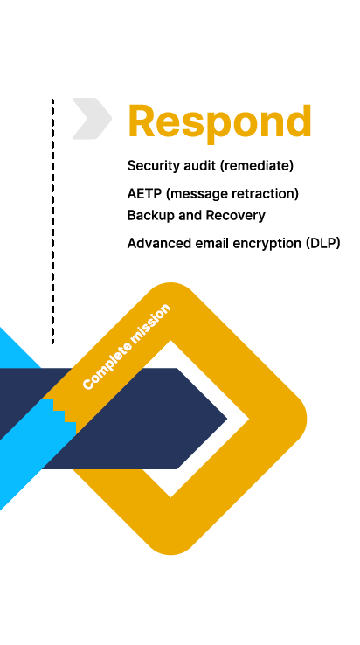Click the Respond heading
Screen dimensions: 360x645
tap(219, 122)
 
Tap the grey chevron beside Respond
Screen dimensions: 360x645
tap(92, 119)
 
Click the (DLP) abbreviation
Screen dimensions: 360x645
tap(323, 244)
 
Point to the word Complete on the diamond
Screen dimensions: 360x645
tap(107, 367)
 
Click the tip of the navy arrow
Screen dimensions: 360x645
tap(226, 419)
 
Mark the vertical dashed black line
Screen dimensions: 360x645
tap(52, 221)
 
